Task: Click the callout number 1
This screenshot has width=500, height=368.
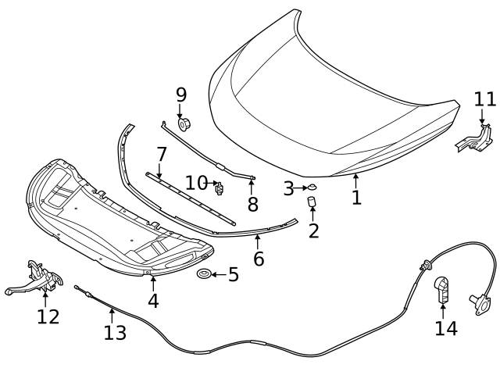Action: pyautogui.click(x=356, y=198)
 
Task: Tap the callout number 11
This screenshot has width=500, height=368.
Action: pyautogui.click(x=485, y=99)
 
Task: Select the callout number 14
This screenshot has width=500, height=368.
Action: pyautogui.click(x=446, y=328)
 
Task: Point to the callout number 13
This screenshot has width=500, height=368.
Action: pyautogui.click(x=114, y=334)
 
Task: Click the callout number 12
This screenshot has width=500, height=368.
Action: pyautogui.click(x=48, y=316)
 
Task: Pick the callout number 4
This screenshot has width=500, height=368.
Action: pyautogui.click(x=153, y=300)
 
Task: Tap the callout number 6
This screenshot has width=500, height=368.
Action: pyautogui.click(x=259, y=258)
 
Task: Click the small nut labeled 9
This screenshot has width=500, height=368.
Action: pyautogui.click(x=185, y=123)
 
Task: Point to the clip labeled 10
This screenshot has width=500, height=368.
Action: pyautogui.click(x=220, y=187)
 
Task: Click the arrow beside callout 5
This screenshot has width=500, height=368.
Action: pyautogui.click(x=218, y=274)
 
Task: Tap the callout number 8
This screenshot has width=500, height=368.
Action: pyautogui.click(x=252, y=205)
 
